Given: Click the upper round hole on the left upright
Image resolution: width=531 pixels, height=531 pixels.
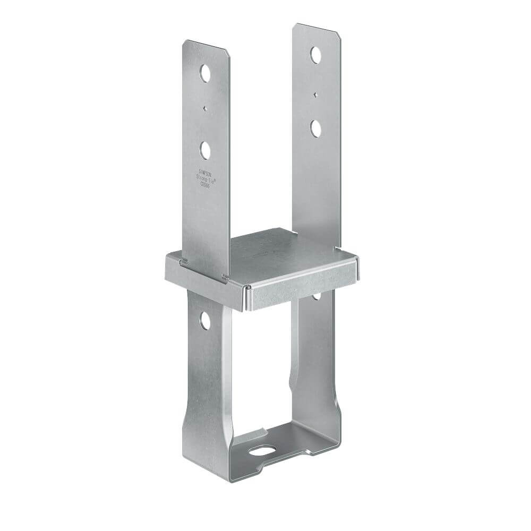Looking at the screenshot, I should pos(204,72).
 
